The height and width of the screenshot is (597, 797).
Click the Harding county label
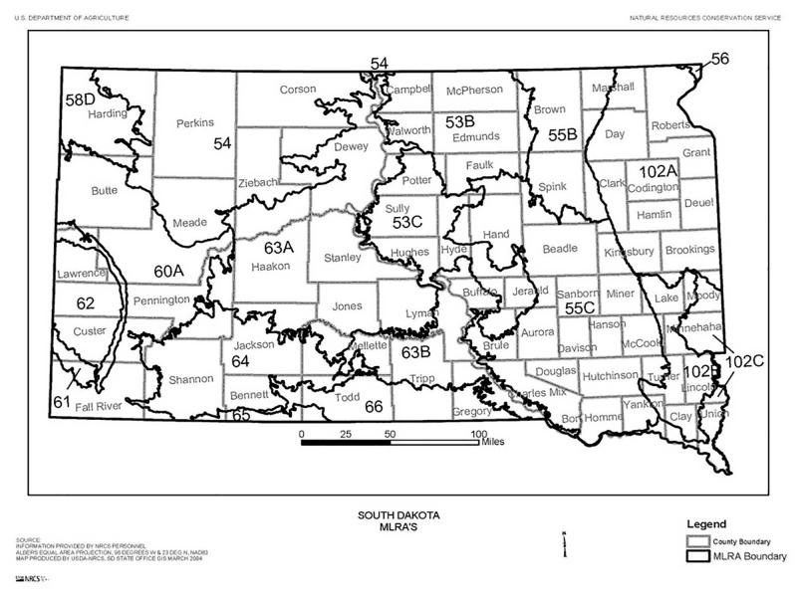109,113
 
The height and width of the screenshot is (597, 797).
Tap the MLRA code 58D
80,99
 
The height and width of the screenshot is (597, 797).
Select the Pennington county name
161,299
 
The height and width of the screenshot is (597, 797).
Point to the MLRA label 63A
281,246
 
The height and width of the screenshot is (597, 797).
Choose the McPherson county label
474,90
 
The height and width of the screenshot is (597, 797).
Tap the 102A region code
658,170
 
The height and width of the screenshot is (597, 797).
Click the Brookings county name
689,251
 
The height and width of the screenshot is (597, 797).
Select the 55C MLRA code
580,308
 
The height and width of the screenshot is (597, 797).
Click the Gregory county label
472,411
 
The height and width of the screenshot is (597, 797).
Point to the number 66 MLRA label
374,406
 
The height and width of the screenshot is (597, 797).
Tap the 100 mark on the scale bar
479,434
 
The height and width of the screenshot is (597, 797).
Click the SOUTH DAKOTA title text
398,515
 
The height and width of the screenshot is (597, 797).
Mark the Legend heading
706,523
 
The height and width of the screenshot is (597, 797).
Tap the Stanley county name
343,259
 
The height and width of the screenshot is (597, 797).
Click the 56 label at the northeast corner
719,59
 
